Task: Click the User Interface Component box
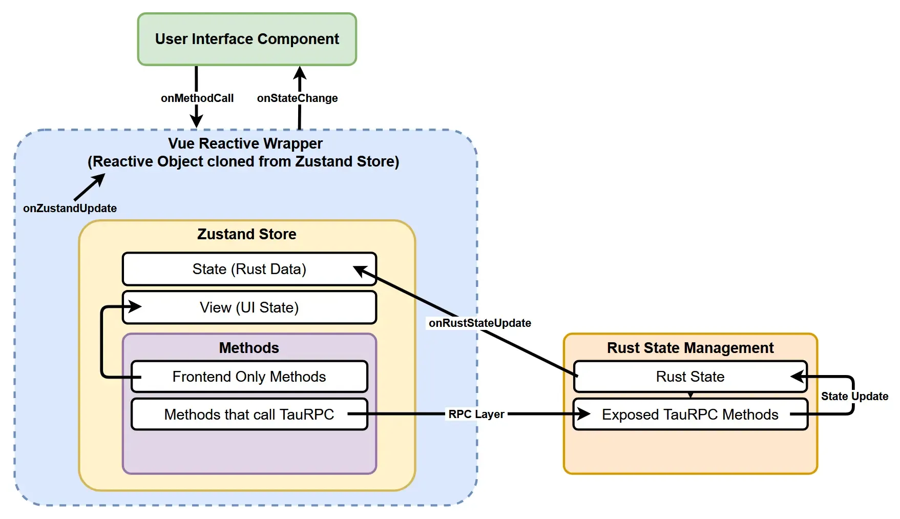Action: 247,39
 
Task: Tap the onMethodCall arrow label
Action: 197,98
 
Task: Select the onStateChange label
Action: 297,98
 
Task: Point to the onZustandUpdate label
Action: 70,208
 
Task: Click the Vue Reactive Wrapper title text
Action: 245,143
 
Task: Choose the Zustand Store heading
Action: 246,234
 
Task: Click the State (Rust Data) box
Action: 249,269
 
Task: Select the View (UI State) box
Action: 249,307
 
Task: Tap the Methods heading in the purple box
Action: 249,348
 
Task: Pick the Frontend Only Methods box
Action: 249,377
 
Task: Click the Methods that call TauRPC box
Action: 249,414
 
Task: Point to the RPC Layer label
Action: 476,414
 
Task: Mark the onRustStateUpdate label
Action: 479,323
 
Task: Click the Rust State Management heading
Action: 690,348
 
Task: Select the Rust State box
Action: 690,377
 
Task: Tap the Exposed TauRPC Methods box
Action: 690,414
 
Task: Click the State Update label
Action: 854,396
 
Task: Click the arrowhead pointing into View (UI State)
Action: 135,307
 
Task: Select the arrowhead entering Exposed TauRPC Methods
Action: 584,414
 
